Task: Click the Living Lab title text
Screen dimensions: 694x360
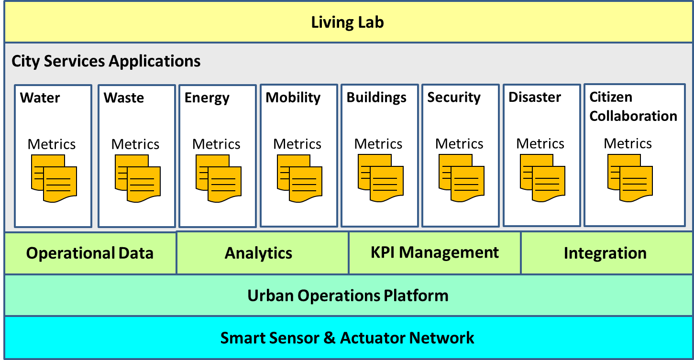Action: pos(347,22)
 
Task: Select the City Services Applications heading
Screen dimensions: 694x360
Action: pos(106,61)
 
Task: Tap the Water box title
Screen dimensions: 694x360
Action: pos(40,98)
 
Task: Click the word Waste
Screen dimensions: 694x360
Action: pos(123,98)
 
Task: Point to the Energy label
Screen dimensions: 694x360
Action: pos(207,98)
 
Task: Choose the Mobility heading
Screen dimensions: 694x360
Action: pos(293,98)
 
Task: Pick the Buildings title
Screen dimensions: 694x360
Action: pos(376,98)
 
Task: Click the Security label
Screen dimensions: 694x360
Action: pos(454,98)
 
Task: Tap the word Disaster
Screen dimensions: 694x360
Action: pos(535,97)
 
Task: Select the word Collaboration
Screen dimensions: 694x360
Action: pos(633,116)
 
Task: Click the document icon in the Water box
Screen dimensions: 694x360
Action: pos(54,178)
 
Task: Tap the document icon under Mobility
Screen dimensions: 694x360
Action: pos(299,178)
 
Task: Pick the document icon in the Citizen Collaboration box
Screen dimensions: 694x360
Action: pos(630,178)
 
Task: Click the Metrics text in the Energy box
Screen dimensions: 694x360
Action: pos(216,144)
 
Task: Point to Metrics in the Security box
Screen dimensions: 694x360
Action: pos(459,144)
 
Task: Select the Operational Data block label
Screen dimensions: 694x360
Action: pos(90,253)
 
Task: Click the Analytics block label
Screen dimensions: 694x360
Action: pos(258,253)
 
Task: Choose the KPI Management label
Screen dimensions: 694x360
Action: pos(435,252)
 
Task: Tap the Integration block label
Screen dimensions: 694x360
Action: pos(605,253)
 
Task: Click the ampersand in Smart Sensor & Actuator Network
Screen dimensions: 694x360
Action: pos(330,338)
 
